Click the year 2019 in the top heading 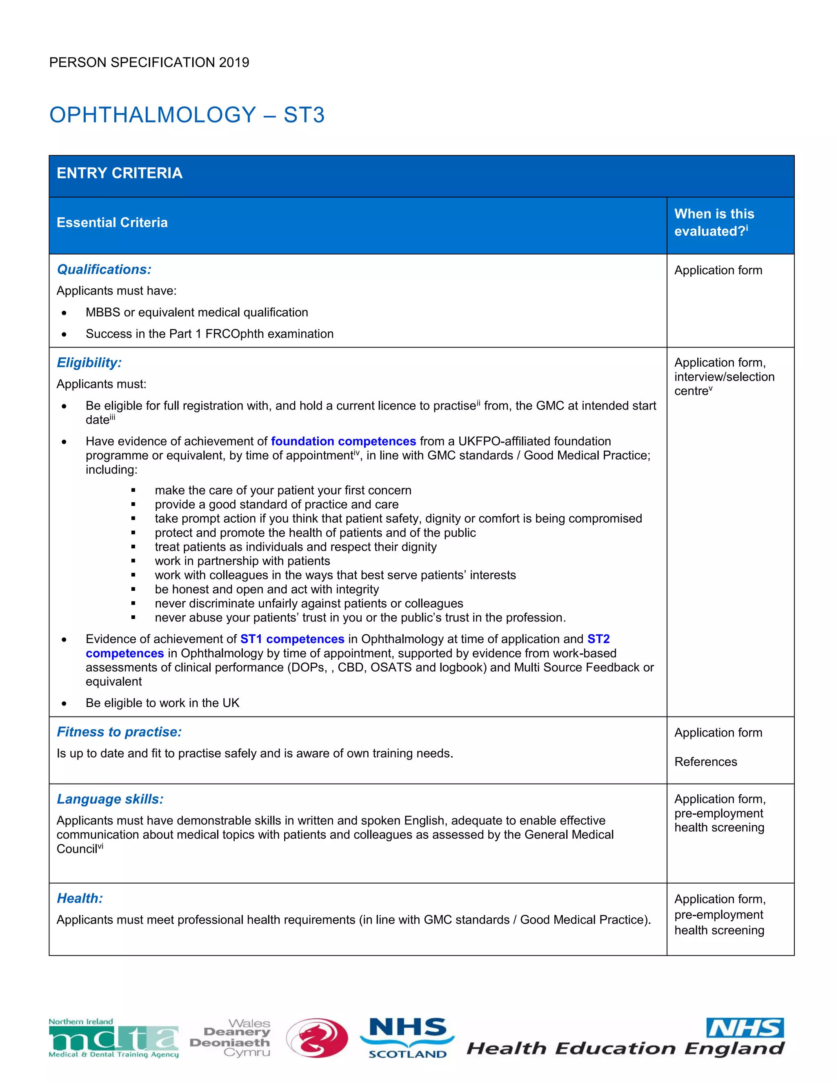[234, 62]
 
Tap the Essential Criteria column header [112, 223]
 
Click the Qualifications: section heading [104, 269]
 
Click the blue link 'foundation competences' [343, 441]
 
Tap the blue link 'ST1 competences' [292, 639]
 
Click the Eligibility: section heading [89, 363]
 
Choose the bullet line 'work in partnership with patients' [242, 561]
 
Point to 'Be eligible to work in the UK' [162, 703]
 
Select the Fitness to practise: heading [119, 732]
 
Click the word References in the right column [705, 761]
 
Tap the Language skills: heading [110, 799]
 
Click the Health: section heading [80, 898]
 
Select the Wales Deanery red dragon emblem [317, 1038]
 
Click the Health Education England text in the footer [625, 1048]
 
